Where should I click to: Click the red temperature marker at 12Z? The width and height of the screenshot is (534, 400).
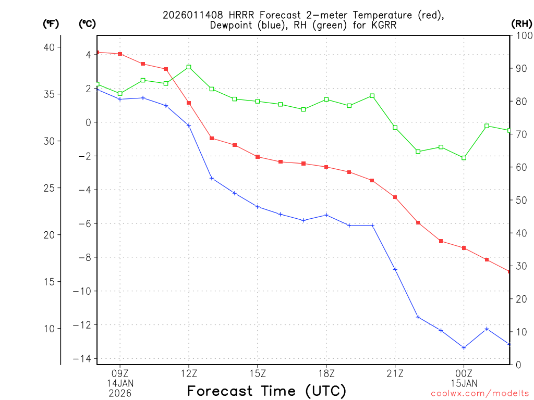(189, 103)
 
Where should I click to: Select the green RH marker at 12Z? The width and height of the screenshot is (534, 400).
(189, 67)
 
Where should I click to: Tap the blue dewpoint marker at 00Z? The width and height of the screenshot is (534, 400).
(464, 347)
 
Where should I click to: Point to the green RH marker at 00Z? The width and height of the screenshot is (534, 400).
(464, 157)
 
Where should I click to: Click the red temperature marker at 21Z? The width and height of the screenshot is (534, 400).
(395, 197)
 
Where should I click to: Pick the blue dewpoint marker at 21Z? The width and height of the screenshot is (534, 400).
(395, 269)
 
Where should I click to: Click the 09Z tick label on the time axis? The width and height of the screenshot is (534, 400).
(120, 373)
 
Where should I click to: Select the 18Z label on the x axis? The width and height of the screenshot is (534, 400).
(326, 373)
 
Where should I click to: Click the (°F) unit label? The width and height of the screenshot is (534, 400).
(51, 23)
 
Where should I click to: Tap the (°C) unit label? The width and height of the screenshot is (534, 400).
(87, 23)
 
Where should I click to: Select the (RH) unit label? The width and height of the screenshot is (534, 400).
(521, 23)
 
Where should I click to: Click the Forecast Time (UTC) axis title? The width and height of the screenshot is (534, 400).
(266, 391)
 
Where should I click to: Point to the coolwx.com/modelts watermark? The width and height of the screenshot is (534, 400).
(480, 393)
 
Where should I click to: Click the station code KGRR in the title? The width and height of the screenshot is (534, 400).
(382, 25)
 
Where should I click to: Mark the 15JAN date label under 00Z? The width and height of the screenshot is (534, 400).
(464, 383)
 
